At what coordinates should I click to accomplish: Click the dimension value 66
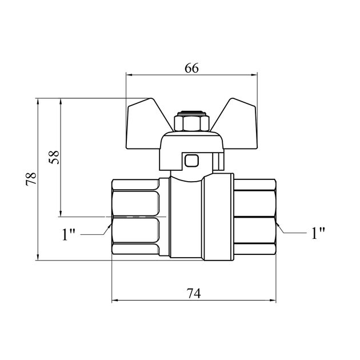pos(191,68)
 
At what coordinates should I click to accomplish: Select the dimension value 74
pos(194,293)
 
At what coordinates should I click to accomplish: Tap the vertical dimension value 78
pos(31,179)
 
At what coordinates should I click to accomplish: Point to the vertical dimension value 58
pos(54,157)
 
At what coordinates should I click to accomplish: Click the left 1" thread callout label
pos(69,234)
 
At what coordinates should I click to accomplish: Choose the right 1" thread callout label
pos(318,233)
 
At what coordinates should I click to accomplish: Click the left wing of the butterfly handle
pos(147,124)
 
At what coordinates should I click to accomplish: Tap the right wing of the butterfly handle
pos(237,124)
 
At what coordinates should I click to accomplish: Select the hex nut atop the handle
pos(191,123)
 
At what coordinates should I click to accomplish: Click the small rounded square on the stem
pos(191,160)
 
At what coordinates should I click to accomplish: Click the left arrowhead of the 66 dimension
pos(129,75)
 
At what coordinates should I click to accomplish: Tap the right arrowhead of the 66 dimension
pos(254,75)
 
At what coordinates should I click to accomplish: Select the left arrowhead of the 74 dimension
pos(115,300)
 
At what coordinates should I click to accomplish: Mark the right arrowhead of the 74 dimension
pos(273,300)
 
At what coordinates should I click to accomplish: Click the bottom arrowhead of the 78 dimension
pos(38,257)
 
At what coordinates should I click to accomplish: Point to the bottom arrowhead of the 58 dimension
pos(61,213)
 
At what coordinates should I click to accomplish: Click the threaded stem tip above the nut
pos(191,113)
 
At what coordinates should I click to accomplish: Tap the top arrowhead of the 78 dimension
pos(38,102)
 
